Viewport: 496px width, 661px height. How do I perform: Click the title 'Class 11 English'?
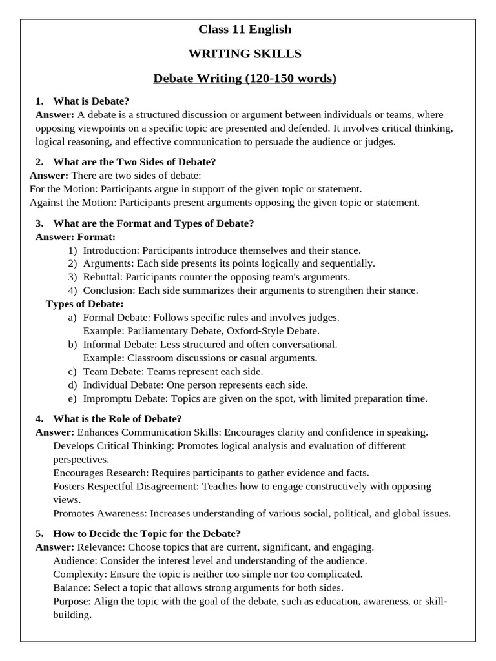pyautogui.click(x=245, y=29)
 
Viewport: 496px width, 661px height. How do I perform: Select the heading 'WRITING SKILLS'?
pyautogui.click(x=245, y=54)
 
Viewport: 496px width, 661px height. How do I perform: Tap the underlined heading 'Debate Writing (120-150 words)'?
pyautogui.click(x=245, y=79)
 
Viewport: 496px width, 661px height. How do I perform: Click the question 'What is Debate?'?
pyautogui.click(x=91, y=101)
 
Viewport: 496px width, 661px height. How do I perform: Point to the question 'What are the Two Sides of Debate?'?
pyautogui.click(x=134, y=162)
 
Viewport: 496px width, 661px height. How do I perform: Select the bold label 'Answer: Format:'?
pyautogui.click(x=76, y=237)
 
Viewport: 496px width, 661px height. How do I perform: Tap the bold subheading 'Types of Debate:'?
pyautogui.click(x=85, y=304)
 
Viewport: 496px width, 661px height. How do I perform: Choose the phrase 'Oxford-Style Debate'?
pyautogui.click(x=277, y=331)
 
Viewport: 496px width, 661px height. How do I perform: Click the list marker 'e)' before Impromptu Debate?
pyautogui.click(x=72, y=398)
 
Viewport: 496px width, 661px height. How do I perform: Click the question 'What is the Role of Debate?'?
pyautogui.click(x=113, y=418)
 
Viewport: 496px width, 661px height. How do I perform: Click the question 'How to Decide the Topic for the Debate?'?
pyautogui.click(x=147, y=533)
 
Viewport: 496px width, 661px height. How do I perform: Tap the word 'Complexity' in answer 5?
pyautogui.click(x=79, y=574)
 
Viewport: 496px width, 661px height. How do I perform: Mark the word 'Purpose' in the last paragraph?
pyautogui.click(x=72, y=601)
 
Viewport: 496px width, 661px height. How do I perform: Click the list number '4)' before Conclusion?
pyautogui.click(x=72, y=290)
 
